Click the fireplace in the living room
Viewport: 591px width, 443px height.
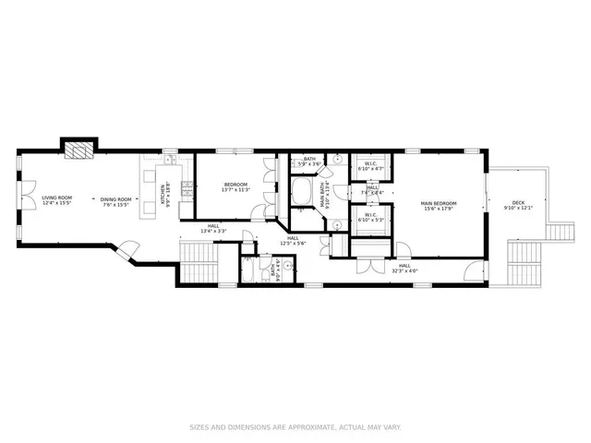(79, 151)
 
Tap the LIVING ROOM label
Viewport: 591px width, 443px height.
(57, 200)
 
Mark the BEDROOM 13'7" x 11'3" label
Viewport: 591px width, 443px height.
(235, 187)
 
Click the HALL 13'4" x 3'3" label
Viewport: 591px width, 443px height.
(213, 228)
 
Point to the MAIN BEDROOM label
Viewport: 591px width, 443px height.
(440, 205)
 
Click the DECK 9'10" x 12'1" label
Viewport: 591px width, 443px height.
(520, 205)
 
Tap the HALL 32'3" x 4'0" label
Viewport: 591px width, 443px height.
(405, 268)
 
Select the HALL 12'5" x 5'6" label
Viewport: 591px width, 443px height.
(292, 240)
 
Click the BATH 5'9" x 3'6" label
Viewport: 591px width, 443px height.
(309, 162)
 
